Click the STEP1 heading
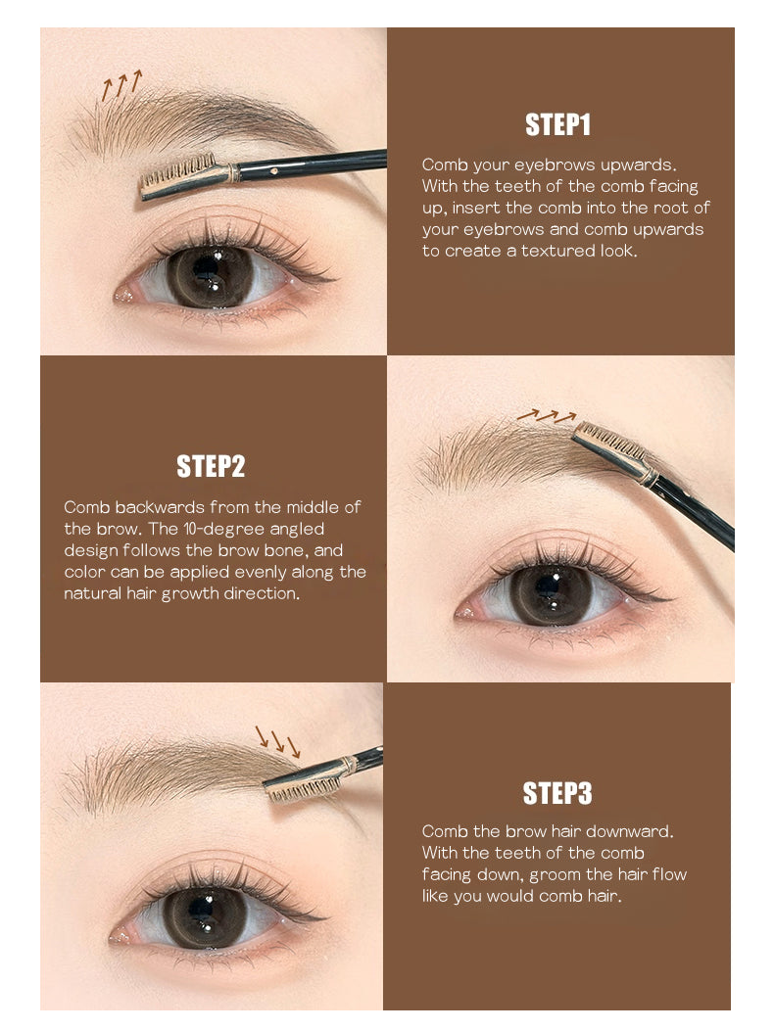[x=557, y=125]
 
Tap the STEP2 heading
[x=211, y=466]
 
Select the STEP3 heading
[x=557, y=793]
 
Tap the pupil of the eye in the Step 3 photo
[x=204, y=915]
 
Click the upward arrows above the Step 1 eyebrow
[x=121, y=86]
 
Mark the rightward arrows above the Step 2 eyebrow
[x=546, y=415]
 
